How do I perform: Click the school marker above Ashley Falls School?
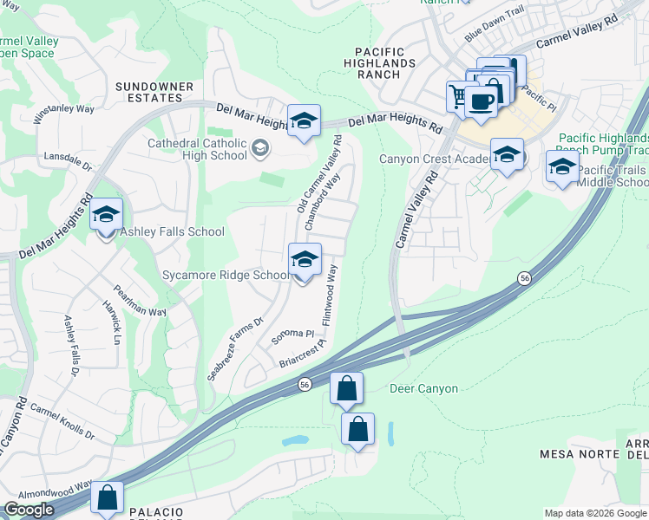pyautogui.click(x=106, y=216)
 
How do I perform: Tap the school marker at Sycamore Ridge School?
pyautogui.click(x=305, y=259)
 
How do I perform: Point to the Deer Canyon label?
pyautogui.click(x=423, y=388)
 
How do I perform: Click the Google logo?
pyautogui.click(x=29, y=510)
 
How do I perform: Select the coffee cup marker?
pyautogui.click(x=481, y=101)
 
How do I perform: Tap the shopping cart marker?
pyautogui.click(x=457, y=95)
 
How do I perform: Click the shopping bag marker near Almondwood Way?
pyautogui.click(x=108, y=498)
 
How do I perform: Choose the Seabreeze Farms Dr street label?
pyautogui.click(x=234, y=349)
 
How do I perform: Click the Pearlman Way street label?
pyautogui.click(x=140, y=300)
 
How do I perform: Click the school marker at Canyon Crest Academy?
pyautogui.click(x=507, y=155)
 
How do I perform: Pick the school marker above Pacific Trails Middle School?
pyautogui.click(x=561, y=166)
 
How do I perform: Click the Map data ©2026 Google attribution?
pyautogui.click(x=594, y=513)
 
